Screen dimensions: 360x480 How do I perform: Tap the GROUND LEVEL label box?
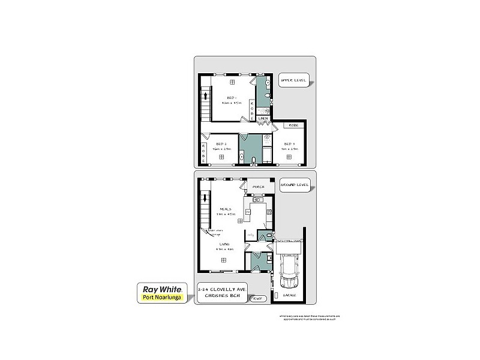295,185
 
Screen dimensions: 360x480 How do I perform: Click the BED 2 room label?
221,144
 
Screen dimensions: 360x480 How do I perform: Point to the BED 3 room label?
289,144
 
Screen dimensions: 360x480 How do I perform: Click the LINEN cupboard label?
263,119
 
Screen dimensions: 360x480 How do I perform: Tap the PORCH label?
259,187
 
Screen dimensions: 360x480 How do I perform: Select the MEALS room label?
225,209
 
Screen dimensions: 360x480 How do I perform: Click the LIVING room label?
224,244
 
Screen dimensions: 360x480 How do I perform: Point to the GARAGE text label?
290,296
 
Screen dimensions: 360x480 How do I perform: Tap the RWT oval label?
258,298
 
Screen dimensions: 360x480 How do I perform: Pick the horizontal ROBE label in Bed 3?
293,125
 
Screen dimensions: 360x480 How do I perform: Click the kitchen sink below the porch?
258,200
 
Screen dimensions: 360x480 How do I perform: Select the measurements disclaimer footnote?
309,318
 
